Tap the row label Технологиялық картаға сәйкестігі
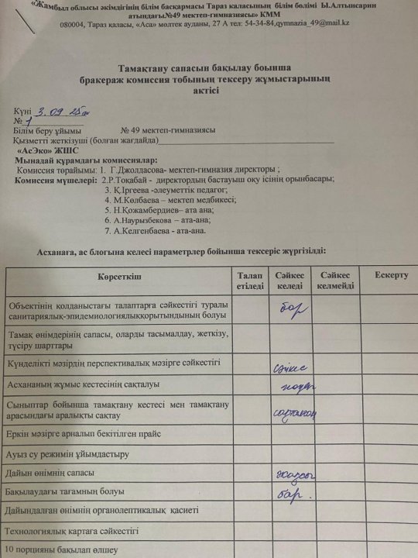coord(72,531)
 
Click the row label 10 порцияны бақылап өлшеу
coord(62,550)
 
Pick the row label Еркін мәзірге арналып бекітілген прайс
coord(87,434)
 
